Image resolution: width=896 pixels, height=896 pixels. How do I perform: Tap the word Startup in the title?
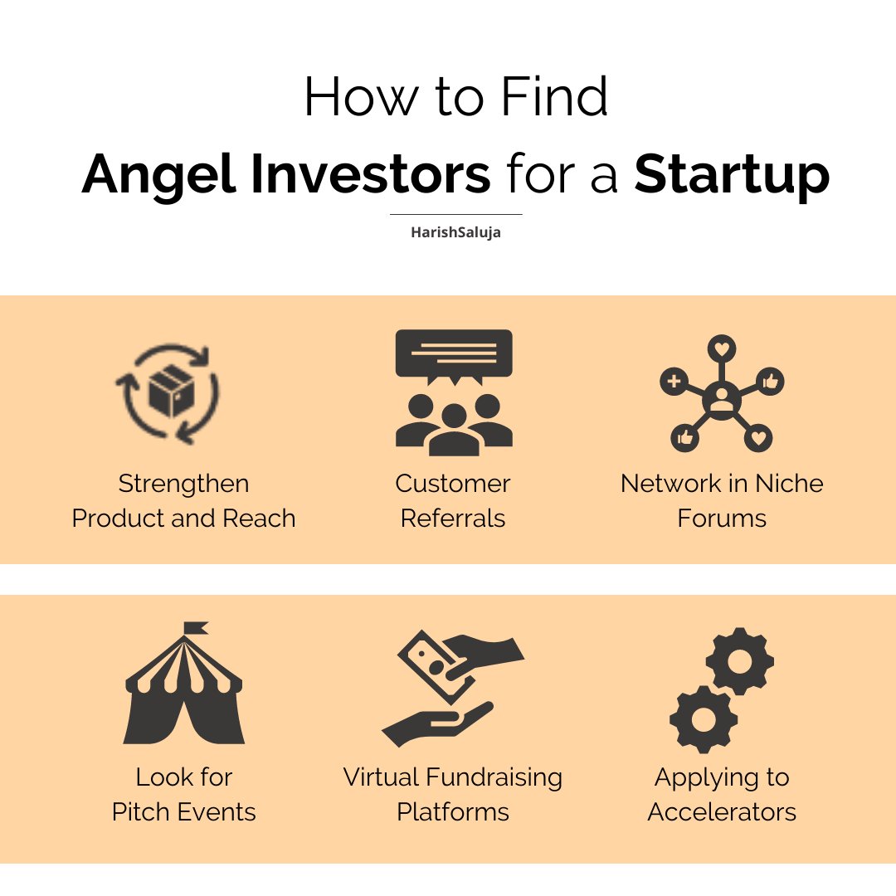(732, 176)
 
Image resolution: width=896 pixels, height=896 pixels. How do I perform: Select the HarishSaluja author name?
(455, 232)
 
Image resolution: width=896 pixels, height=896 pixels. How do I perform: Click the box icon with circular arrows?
(168, 393)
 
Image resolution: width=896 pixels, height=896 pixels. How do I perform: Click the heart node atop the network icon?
(722, 349)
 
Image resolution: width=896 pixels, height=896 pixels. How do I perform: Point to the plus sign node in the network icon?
(674, 382)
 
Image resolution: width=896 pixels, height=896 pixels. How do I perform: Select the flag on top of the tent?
(195, 628)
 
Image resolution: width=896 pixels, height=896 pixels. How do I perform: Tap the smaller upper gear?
(739, 661)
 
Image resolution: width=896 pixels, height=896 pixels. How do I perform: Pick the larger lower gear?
(704, 719)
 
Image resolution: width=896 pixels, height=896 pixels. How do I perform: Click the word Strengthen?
(183, 483)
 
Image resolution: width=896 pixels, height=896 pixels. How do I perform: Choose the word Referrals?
(453, 518)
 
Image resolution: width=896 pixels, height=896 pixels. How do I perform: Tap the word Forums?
(722, 518)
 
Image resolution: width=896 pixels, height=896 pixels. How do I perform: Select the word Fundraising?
(494, 777)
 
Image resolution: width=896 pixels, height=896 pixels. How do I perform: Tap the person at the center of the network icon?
(722, 400)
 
